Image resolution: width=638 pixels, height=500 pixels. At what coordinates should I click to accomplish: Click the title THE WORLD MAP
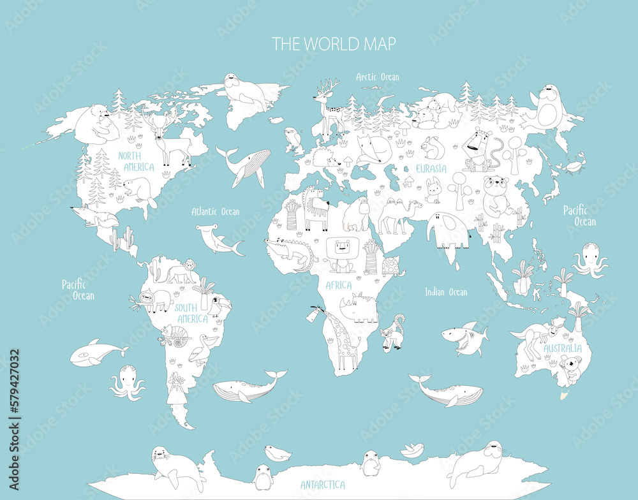[x=334, y=44]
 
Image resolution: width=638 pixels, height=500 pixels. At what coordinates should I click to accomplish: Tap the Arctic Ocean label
[x=378, y=77]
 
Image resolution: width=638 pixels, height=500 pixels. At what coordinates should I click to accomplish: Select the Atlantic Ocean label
[x=216, y=211]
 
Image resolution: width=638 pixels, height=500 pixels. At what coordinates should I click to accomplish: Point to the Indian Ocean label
[x=446, y=292]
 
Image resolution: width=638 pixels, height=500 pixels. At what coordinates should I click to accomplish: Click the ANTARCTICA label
[x=323, y=485]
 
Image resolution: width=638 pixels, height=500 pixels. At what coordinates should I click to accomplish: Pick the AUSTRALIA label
[x=562, y=349]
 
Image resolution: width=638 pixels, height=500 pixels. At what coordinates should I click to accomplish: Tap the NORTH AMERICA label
[x=136, y=161]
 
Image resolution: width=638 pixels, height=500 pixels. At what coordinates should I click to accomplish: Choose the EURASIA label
[x=431, y=169]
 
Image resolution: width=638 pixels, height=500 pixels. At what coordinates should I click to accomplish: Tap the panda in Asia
[x=496, y=195]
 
